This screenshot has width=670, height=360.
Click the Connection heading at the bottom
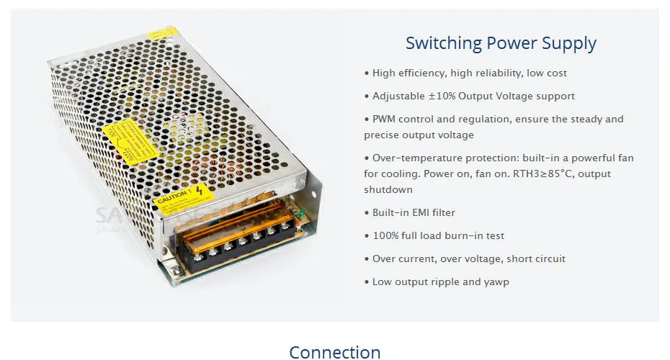[335, 352]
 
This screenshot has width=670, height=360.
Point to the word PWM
[384, 119]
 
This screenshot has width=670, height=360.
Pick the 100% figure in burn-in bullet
[385, 235]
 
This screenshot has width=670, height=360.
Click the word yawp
[496, 282]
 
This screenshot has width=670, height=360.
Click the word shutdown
[388, 189]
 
